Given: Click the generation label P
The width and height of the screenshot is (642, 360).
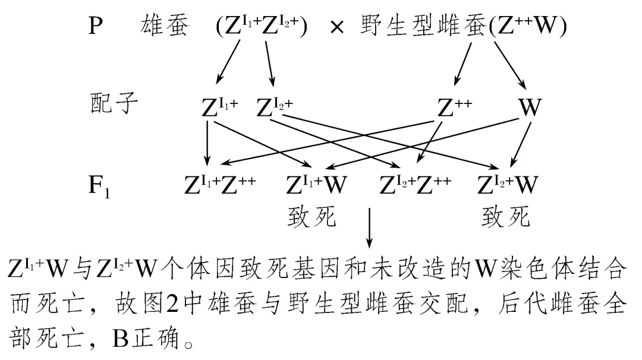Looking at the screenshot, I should [x=96, y=26].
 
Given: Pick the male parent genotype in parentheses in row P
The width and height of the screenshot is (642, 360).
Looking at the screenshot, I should [x=262, y=27].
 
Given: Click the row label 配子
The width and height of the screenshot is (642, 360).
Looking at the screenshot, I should [x=113, y=105].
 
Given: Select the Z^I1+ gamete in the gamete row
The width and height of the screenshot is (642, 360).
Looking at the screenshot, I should [x=220, y=107].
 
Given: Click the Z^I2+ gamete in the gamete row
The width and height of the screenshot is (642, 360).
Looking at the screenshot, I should [x=275, y=107].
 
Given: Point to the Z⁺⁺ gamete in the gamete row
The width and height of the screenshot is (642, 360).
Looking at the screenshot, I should [x=455, y=107].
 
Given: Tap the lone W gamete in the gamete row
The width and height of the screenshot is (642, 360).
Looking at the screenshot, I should [x=530, y=107].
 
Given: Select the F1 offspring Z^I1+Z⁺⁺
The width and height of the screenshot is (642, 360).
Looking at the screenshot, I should [x=220, y=185].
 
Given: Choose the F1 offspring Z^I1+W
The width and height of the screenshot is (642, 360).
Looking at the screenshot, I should [x=316, y=185].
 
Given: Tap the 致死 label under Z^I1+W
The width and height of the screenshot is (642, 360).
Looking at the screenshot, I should [x=311, y=217].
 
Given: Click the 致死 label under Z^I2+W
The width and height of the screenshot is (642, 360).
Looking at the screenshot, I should [x=506, y=217].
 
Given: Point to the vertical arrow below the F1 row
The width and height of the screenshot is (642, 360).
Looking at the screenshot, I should [x=370, y=226].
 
